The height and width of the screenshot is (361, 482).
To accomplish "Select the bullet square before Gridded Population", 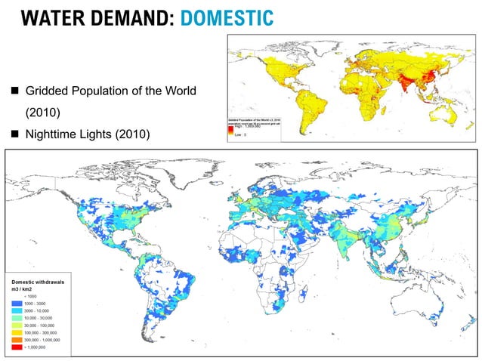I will [14, 91].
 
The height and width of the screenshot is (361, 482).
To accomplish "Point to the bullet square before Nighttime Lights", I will [14, 135].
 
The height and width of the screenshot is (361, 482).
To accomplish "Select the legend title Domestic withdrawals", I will [38, 282].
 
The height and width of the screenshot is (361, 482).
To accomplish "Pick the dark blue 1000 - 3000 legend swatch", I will [17, 303].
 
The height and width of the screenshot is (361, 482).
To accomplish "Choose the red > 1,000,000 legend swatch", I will [17, 348].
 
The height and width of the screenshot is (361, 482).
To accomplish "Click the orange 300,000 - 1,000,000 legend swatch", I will [17, 341].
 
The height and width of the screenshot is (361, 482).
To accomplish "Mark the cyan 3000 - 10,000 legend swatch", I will [17, 310].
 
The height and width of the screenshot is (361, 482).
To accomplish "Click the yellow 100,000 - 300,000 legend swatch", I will [17, 333].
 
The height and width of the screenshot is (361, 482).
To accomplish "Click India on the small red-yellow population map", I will [384, 84].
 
